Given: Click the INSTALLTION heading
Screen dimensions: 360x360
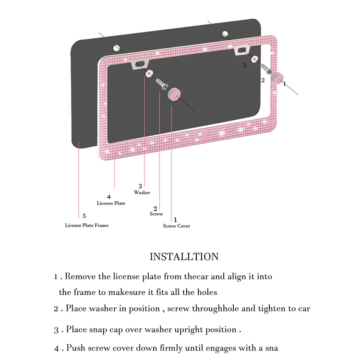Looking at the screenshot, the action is click(x=184, y=256).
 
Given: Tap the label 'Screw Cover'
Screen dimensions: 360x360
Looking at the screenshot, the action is click(x=176, y=226).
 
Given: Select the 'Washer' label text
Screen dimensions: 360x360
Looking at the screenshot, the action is click(x=142, y=192).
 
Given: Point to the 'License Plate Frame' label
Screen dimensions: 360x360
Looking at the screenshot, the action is click(x=87, y=225).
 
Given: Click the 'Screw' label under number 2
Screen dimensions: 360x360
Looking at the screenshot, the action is click(x=156, y=214).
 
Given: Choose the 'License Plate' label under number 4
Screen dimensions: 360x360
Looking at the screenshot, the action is click(x=111, y=203).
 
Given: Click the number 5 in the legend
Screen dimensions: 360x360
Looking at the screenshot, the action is click(x=84, y=216).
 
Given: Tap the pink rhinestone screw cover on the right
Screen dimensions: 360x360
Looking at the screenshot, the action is click(x=277, y=78).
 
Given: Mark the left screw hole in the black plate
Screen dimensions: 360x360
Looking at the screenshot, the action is click(x=116, y=48).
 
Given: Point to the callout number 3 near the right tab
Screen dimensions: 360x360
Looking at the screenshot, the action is click(x=244, y=65).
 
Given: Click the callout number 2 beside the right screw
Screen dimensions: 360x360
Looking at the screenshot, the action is click(x=263, y=80).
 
